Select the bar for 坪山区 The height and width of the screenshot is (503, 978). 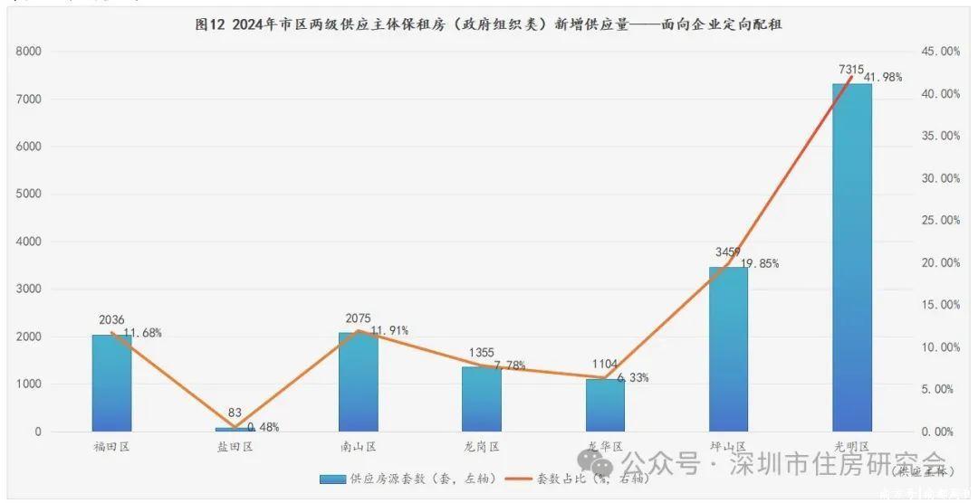point(728,349)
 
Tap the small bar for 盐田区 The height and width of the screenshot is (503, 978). point(235,429)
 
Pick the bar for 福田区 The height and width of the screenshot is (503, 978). point(111,383)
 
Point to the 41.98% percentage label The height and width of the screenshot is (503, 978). point(883,78)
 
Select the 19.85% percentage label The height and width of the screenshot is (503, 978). point(760,264)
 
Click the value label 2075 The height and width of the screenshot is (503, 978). point(358,318)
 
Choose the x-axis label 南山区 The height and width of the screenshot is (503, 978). point(359,447)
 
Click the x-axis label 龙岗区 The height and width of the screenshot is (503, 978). point(482,447)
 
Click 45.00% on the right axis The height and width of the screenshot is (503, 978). point(940,52)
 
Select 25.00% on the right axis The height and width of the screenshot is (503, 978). point(940,221)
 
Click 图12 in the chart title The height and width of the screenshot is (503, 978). point(211,25)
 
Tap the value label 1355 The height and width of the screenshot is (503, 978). point(481,353)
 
